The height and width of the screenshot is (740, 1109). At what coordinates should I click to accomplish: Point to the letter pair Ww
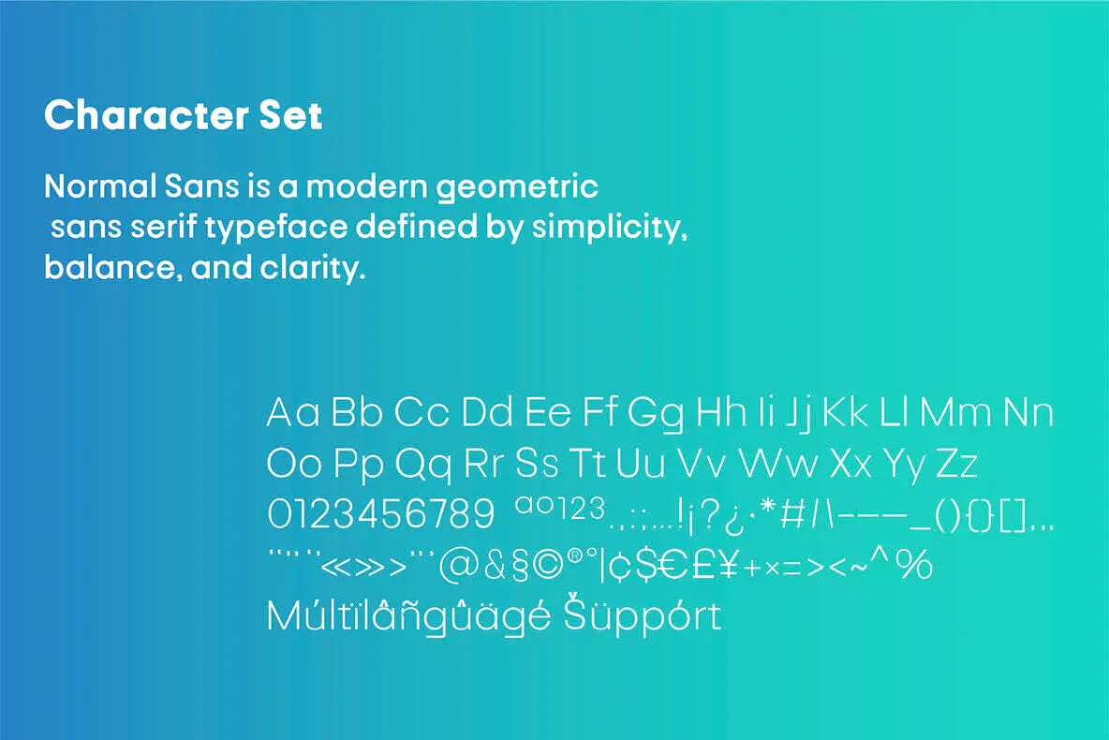(776, 464)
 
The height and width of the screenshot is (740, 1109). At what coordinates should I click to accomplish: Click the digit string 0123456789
(380, 514)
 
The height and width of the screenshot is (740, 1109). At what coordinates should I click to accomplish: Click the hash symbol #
(793, 514)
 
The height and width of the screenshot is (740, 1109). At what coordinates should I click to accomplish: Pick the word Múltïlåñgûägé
(409, 617)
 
